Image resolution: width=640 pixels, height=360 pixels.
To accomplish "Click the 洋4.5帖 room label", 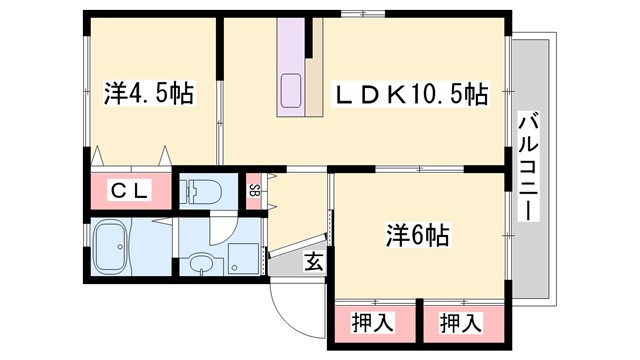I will [x=149, y=95].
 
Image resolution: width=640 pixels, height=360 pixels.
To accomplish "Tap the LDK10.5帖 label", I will [x=410, y=95].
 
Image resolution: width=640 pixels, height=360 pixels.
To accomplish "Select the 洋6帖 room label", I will [x=418, y=236].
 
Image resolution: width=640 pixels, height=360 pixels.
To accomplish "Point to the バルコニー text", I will [x=528, y=168].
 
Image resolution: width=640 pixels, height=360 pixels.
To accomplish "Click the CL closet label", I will [x=130, y=191].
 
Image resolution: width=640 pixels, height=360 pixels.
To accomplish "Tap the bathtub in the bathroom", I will [x=111, y=246].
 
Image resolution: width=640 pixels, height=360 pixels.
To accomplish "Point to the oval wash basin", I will [x=203, y=266].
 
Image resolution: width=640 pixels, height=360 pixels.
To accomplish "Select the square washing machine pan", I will [x=241, y=259].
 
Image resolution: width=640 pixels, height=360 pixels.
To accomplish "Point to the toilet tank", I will [x=189, y=190].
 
